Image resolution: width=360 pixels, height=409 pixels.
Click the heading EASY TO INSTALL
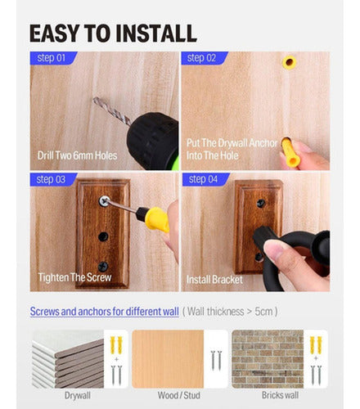(113, 33)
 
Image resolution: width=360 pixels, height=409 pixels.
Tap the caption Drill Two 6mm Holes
(77, 155)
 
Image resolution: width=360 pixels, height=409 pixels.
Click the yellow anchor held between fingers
(290, 151)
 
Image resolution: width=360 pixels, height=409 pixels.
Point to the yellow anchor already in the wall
(287, 62)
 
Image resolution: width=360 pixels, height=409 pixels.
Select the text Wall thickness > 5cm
(230, 312)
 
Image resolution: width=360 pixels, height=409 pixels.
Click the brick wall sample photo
(268, 358)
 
